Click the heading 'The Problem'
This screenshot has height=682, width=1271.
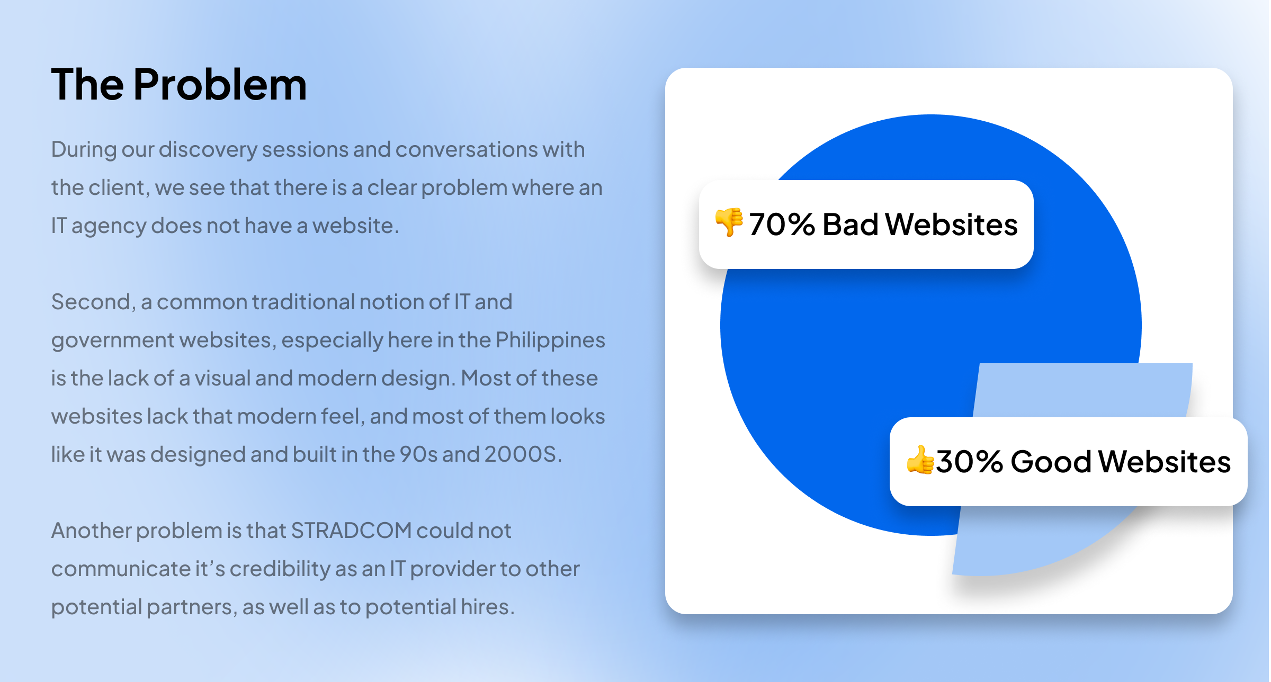point(179,85)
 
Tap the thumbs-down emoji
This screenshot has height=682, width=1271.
point(729,222)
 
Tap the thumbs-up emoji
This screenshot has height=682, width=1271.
point(920,460)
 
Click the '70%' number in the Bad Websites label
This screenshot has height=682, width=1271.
point(782,225)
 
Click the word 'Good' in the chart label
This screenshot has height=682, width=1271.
point(1051,462)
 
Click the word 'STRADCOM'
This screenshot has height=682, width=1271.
point(351,531)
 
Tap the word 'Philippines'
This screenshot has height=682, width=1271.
point(550,340)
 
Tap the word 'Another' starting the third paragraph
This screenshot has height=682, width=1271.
point(91,531)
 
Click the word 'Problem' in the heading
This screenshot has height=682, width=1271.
point(220,85)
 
